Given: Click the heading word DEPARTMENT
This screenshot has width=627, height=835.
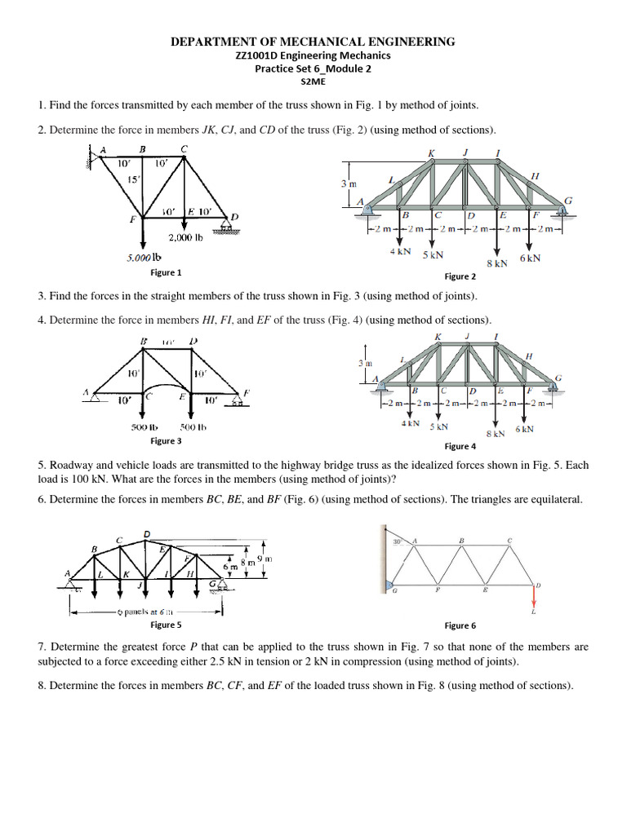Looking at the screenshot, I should click(x=212, y=42).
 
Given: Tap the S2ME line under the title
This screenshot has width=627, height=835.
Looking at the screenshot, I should click(x=313, y=82).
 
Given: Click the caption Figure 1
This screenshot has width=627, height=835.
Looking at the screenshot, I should click(x=167, y=272).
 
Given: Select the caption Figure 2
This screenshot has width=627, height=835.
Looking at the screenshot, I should click(x=460, y=276).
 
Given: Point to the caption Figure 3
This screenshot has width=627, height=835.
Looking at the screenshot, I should click(x=166, y=440).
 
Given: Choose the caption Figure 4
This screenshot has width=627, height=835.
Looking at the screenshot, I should click(x=460, y=446).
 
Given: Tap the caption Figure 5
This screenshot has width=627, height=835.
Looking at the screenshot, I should click(x=166, y=625).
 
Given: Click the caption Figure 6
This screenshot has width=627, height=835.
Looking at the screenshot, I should click(x=460, y=625).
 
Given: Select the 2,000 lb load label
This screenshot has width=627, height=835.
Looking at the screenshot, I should click(x=185, y=238).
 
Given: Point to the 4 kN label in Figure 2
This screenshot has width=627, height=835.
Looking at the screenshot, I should click(x=399, y=253).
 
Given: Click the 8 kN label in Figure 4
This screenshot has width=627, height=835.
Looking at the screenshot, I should click(x=496, y=434).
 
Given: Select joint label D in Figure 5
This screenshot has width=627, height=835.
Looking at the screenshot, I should click(x=147, y=534).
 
